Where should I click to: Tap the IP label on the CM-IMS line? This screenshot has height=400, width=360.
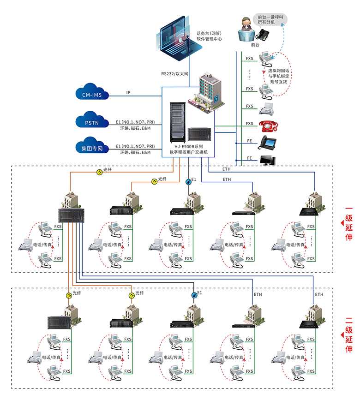point(128,93)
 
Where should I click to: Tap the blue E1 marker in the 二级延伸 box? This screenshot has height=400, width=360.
point(194,295)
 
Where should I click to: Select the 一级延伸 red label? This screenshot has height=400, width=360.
point(348,223)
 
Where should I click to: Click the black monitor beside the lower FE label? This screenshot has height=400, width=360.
point(268,160)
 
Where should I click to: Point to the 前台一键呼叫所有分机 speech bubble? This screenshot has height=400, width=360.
point(270,19)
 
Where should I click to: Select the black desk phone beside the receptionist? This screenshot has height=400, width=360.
point(264,35)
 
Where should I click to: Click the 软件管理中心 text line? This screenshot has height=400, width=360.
point(210,39)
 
